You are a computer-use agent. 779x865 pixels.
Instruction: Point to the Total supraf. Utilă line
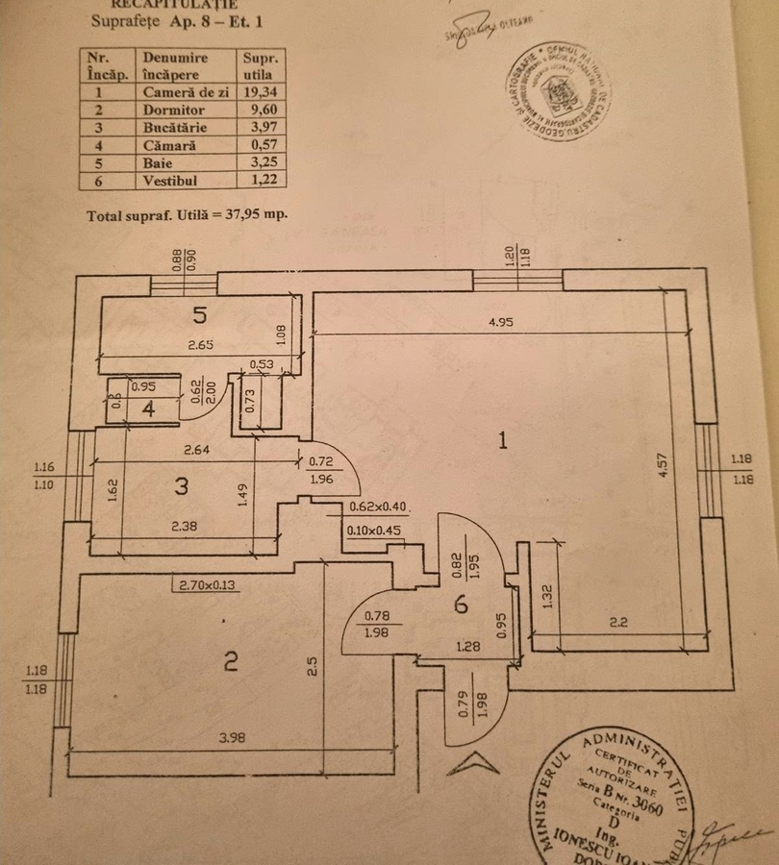coord(187,215)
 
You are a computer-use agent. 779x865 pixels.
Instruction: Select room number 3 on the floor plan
coord(182,486)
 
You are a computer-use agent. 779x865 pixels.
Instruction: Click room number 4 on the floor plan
coord(148,408)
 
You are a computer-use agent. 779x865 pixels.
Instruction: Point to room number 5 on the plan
coord(199,313)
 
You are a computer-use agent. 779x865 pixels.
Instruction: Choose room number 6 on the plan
coord(461,605)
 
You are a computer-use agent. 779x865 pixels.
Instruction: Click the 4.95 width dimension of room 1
coord(501,322)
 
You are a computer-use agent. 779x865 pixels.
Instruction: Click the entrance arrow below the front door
coord(473,764)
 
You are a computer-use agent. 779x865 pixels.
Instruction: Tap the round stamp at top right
coord(557,91)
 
